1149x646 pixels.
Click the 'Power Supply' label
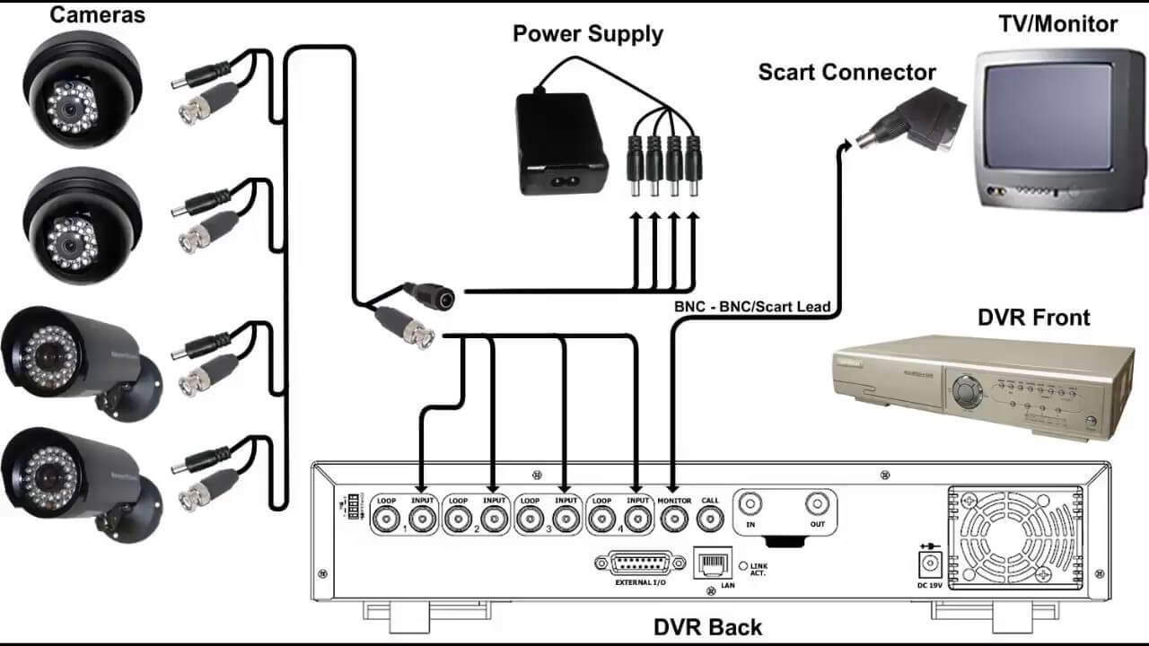click(x=587, y=34)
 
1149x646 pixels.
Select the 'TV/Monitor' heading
click(x=1057, y=23)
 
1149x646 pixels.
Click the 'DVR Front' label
click(x=1033, y=317)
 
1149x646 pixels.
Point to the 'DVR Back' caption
click(x=708, y=627)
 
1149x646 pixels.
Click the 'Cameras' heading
click(x=98, y=14)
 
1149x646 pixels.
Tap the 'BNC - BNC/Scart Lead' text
click(x=752, y=307)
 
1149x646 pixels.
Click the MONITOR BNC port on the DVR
click(x=674, y=519)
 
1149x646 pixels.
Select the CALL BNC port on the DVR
click(x=709, y=519)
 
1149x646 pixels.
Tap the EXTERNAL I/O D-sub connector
click(x=638, y=564)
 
